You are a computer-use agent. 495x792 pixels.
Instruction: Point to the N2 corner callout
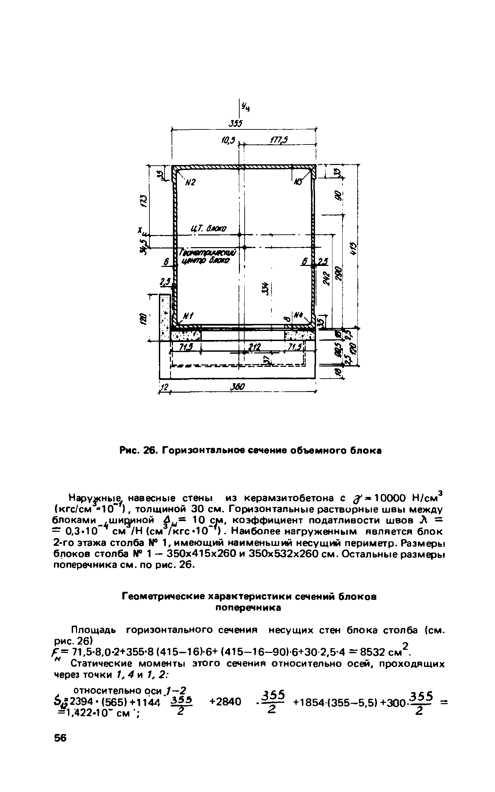tap(190, 182)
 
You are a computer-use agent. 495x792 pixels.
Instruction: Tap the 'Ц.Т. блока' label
tap(208, 229)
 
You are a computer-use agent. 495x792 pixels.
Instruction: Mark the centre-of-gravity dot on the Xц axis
tap(239, 234)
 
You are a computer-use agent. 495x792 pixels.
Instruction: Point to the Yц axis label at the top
tap(247, 107)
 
